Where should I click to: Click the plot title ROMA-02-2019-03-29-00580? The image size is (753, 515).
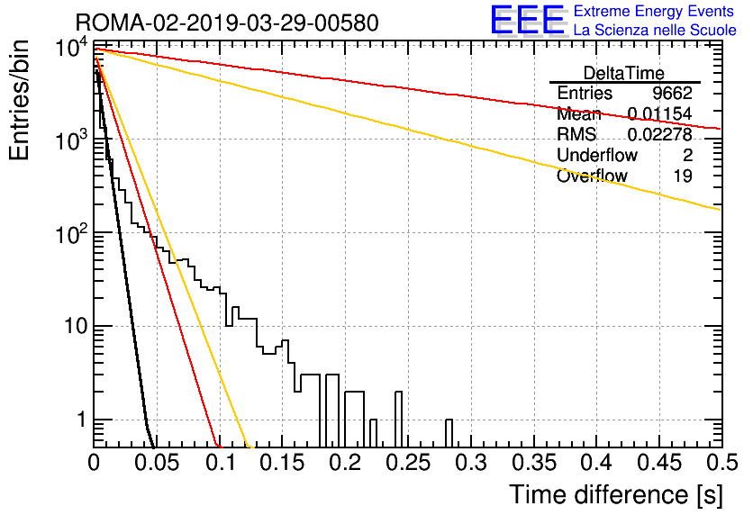coord(227,23)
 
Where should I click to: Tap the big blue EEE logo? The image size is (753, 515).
coord(528,21)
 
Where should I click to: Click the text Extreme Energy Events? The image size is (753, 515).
coord(654,11)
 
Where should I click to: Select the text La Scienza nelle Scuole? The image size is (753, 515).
coord(655,30)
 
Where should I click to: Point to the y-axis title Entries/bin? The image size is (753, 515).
coord(19,101)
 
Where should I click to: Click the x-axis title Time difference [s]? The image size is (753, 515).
coord(616,495)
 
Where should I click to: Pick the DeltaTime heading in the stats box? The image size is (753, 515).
coord(624,73)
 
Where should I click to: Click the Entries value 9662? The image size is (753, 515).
coord(672,93)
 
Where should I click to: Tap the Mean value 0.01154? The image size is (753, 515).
coord(660,113)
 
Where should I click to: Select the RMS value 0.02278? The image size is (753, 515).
coord(660,134)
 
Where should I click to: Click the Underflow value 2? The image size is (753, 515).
coord(687,155)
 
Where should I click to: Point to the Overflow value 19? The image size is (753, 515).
coord(683,176)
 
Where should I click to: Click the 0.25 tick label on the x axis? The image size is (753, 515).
coord(409,463)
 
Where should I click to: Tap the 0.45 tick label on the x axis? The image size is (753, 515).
coord(659,463)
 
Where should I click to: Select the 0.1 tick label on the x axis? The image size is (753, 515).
coord(222,463)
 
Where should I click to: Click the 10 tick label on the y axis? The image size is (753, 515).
coord(76,326)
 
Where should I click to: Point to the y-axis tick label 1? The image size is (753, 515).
coord(82,420)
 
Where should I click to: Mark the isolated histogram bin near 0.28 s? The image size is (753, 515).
coord(449,433)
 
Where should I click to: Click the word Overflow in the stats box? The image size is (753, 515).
coord(592,176)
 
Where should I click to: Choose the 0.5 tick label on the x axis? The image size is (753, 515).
coord(721,463)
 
